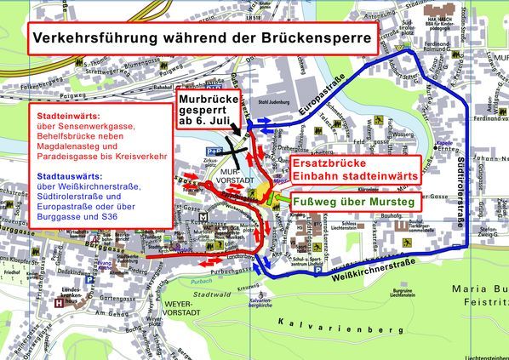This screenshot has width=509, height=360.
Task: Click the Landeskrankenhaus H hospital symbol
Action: [58, 300]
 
